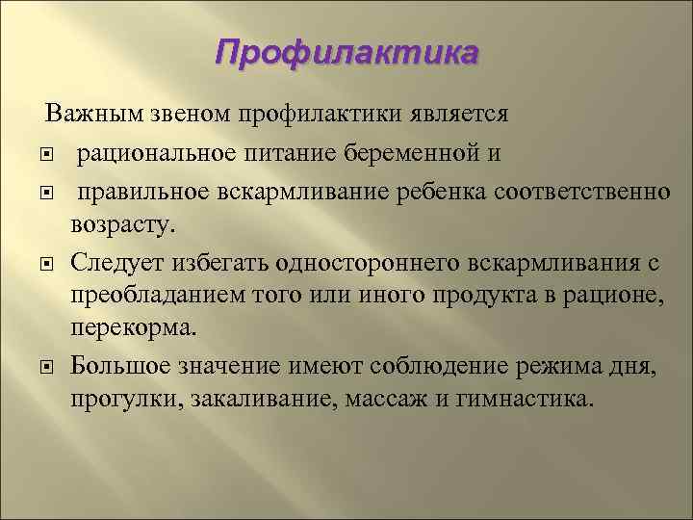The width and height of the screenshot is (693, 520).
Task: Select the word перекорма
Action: [x=132, y=328]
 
